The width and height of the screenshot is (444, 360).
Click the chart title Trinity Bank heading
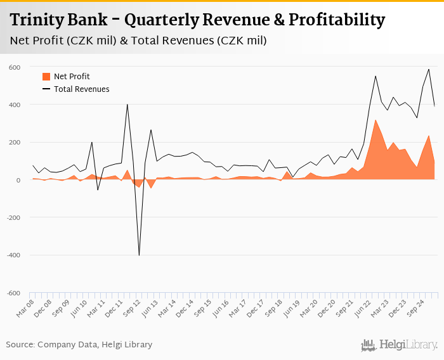coord(197,20)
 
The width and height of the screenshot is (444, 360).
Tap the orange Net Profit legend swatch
coord(46,77)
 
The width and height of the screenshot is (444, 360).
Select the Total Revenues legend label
coord(81,89)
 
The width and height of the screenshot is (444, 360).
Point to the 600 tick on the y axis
coord(15,67)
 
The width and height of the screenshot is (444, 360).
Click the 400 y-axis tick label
coord(15,105)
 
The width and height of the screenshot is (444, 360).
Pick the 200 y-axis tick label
coord(15,143)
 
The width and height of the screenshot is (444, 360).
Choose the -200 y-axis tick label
coord(13,217)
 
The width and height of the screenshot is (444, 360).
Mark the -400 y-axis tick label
coord(13,255)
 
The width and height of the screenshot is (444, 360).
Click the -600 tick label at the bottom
coord(13,293)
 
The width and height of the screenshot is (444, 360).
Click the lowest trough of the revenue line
coord(139,255)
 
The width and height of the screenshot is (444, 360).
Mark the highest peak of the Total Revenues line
coord(429,69)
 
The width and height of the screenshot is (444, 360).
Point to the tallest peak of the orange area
coord(375,120)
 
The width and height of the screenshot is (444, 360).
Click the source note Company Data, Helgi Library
coord(79,345)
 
